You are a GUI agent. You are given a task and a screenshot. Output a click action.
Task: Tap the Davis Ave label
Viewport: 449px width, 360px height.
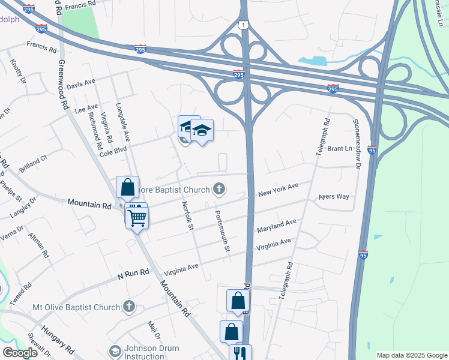click(81, 83)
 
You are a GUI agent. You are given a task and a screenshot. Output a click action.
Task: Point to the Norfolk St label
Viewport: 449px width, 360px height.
click(187, 215)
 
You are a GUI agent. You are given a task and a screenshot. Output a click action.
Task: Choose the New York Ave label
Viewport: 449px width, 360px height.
click(278, 190)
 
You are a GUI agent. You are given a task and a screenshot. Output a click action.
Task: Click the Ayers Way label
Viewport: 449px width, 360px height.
click(334, 196)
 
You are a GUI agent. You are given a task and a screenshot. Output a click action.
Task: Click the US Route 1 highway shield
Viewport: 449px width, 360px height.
click(242, 24)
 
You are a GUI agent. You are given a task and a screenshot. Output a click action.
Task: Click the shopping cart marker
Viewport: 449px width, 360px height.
click(137, 218)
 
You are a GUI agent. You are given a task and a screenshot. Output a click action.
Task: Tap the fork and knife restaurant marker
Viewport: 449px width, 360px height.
click(240, 353)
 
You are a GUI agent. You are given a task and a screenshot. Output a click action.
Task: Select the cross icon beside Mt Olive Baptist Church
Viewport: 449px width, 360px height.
click(128, 307)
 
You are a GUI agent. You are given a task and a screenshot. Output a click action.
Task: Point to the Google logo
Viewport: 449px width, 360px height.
click(20, 352)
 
